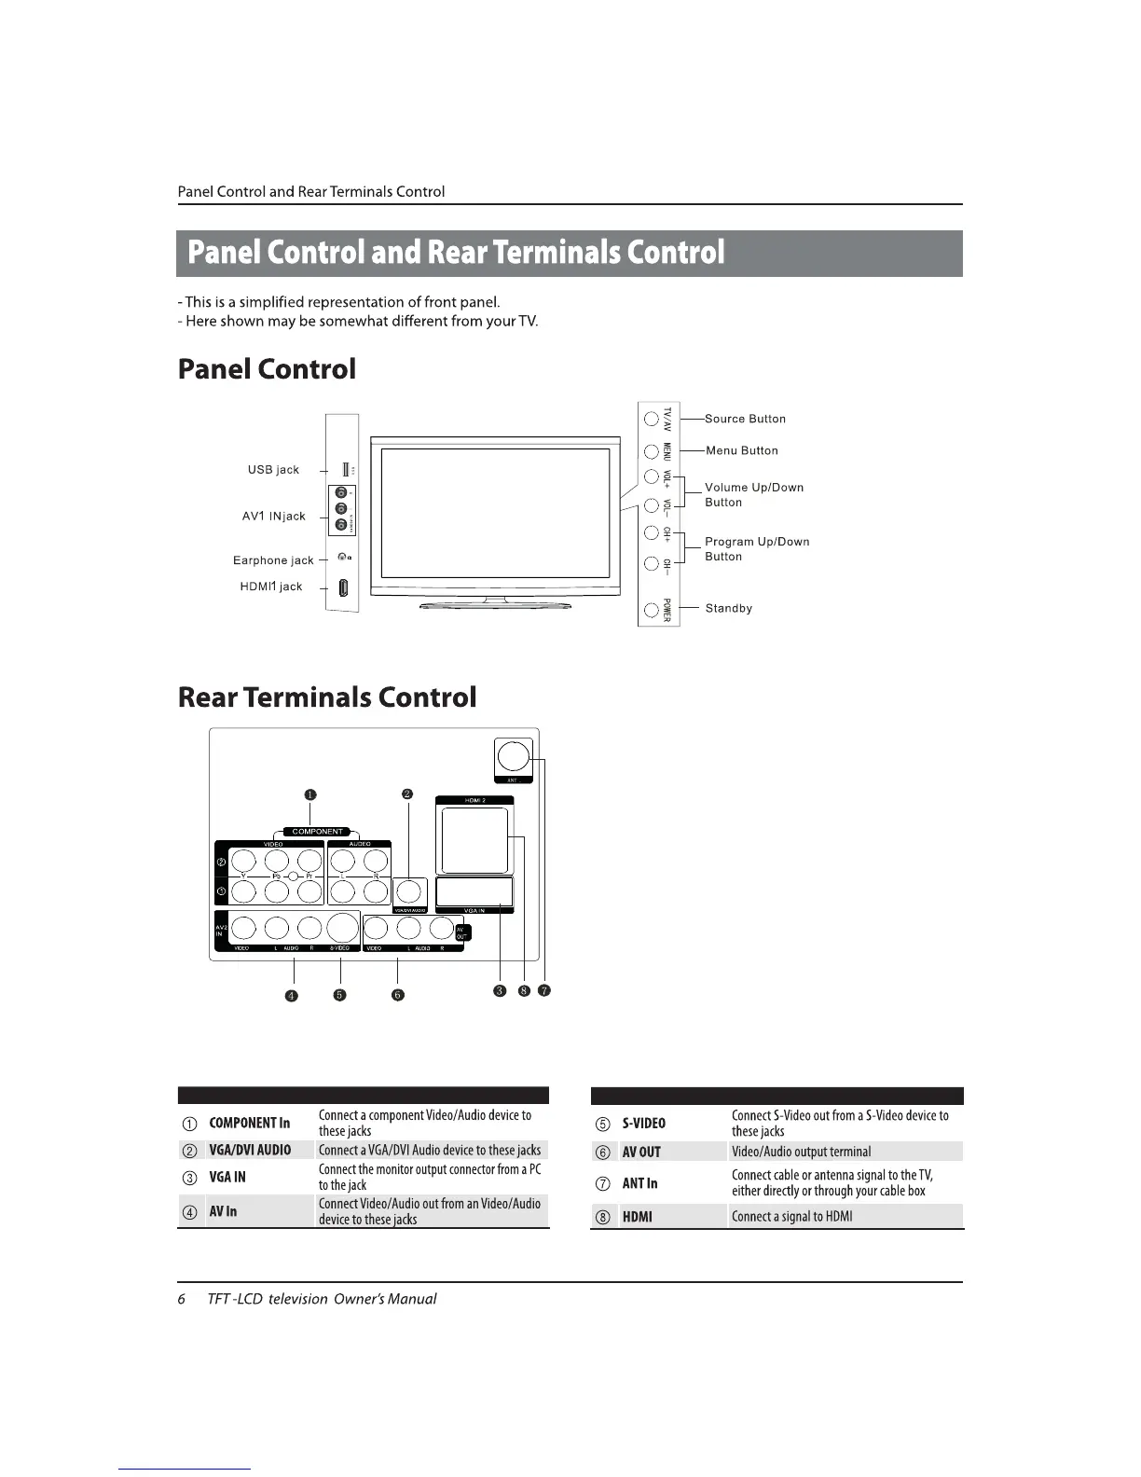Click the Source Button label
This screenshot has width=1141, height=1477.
745,419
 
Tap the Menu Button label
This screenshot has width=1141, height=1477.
741,450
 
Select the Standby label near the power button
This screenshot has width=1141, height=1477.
728,608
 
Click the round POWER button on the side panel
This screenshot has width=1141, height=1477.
652,612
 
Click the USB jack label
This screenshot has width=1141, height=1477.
273,469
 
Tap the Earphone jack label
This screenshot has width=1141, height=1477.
273,560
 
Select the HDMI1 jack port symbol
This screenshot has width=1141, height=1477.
343,588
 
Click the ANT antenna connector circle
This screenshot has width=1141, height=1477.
512,754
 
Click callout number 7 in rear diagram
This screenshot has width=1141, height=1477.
544,990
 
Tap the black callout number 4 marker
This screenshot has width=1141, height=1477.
292,995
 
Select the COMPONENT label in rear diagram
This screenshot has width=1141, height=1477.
318,832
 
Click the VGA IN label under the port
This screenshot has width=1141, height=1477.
474,910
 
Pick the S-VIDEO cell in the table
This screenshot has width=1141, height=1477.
643,1123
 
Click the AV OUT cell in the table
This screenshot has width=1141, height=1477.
641,1152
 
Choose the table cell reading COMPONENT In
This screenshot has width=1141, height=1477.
249,1123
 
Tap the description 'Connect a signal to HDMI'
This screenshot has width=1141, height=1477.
791,1216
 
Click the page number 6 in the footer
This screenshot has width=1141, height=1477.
182,1299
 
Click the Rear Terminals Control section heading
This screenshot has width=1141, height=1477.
327,697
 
